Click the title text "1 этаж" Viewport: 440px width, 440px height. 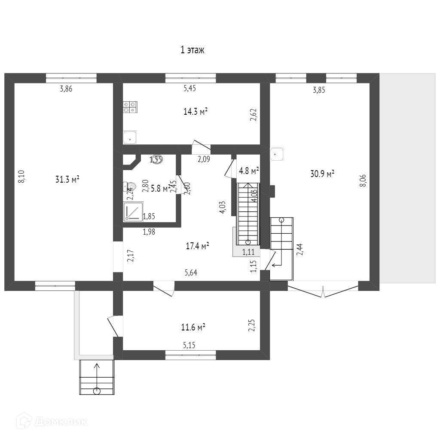[192, 50]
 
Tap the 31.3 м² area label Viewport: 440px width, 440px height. [67, 180]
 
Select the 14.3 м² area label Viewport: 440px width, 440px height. [196, 112]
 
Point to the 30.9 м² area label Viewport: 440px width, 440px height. [322, 174]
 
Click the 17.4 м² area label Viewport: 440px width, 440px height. [197, 246]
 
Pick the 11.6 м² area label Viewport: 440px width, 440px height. [193, 327]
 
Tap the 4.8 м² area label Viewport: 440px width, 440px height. [249, 171]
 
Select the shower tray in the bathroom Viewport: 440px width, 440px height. [133, 212]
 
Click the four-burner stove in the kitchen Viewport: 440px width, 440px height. [130, 107]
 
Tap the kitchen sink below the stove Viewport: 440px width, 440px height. [130, 138]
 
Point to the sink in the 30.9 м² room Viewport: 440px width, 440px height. [277, 154]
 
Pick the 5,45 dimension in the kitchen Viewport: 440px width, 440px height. [189, 89]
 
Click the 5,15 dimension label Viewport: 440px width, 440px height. [189, 345]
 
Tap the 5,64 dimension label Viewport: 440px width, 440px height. [191, 272]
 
